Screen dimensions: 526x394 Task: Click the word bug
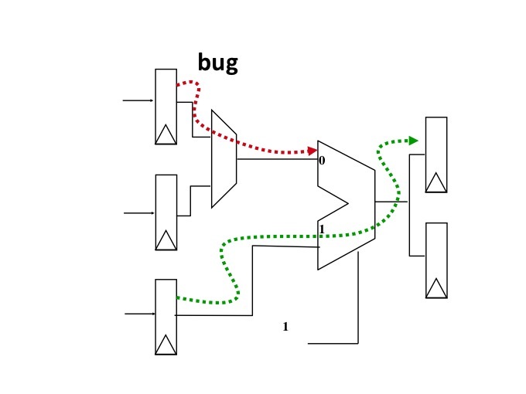218,63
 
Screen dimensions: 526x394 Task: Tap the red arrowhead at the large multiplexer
313,151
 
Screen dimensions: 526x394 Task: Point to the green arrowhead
413,141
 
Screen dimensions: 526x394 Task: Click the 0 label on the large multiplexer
322,161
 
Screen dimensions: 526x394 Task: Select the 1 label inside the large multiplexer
322,229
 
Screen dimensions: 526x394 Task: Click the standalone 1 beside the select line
285,326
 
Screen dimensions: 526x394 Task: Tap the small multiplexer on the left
224,159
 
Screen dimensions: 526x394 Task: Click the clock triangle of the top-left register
166,134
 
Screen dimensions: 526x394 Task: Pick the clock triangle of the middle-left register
166,240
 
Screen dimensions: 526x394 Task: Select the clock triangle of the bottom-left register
166,345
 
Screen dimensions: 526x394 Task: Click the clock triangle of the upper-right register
436,182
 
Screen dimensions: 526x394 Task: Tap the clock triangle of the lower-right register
436,288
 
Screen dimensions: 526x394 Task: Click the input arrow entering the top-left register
138,100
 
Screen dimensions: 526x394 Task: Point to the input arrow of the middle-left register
139,213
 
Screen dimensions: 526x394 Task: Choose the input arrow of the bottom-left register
140,314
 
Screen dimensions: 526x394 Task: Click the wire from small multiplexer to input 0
277,159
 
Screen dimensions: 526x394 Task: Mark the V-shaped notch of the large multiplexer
347,203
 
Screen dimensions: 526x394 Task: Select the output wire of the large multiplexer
391,202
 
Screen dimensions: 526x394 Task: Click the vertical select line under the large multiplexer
358,297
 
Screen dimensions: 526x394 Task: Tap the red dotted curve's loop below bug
196,100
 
